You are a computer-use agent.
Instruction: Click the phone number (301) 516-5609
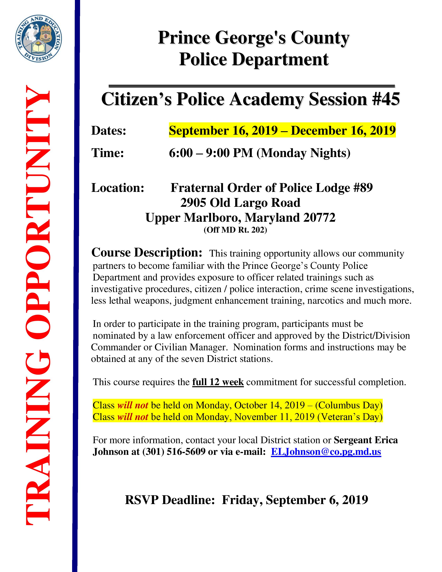click(174, 452)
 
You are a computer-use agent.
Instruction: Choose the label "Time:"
click(107, 153)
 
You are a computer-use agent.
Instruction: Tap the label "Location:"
click(118, 188)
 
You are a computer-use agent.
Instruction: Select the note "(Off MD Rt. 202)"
click(235, 230)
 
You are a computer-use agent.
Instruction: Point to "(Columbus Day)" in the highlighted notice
click(349, 405)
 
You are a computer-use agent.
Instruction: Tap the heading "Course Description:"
click(147, 253)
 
